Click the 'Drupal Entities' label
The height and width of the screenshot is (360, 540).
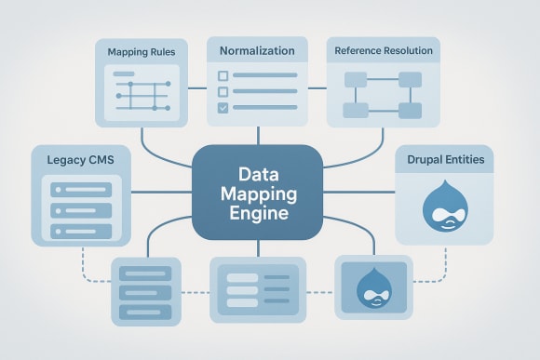point(445,160)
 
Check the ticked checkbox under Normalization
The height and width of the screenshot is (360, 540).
point(223,109)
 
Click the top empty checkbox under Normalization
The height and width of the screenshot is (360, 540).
point(223,75)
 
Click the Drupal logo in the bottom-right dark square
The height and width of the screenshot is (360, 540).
point(372,288)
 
